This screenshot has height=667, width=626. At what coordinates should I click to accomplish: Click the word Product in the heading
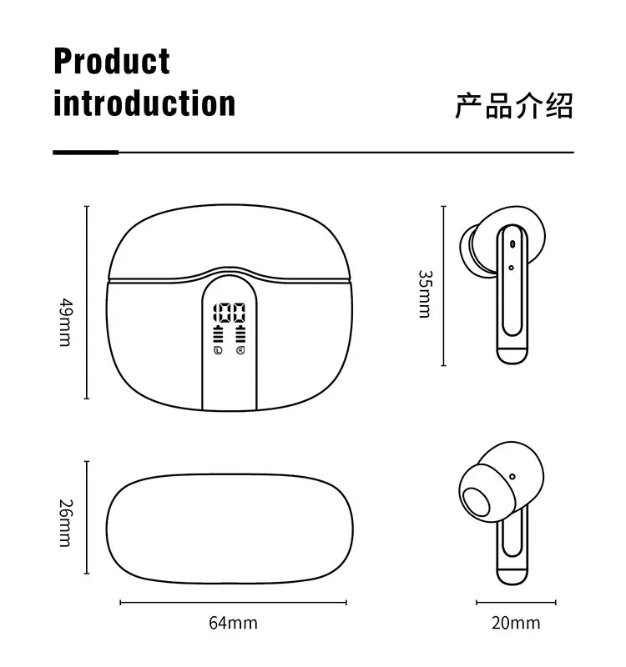click(x=111, y=63)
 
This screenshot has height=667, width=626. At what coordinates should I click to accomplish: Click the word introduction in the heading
click(x=144, y=103)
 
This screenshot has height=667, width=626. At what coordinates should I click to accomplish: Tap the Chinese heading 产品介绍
click(x=514, y=106)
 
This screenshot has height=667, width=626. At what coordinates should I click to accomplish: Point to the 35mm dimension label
click(x=424, y=293)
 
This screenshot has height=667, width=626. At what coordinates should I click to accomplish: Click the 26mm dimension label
click(x=66, y=522)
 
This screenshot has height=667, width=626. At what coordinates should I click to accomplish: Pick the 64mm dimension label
click(x=232, y=622)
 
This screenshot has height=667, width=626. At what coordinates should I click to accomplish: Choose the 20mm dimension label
click(x=515, y=622)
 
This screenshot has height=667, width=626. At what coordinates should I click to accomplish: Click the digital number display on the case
click(x=230, y=314)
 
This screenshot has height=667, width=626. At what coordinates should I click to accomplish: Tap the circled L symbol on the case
click(x=218, y=351)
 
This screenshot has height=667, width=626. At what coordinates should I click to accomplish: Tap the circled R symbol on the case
click(x=240, y=351)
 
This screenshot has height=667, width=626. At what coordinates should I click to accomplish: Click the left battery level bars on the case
click(x=219, y=336)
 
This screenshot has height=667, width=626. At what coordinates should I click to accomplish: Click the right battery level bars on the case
click(x=241, y=336)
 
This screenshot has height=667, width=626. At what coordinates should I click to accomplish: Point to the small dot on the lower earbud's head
click(x=511, y=478)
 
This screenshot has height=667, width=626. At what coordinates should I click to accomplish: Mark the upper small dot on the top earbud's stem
click(x=510, y=244)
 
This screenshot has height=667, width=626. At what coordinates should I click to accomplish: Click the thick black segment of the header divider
click(x=85, y=153)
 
